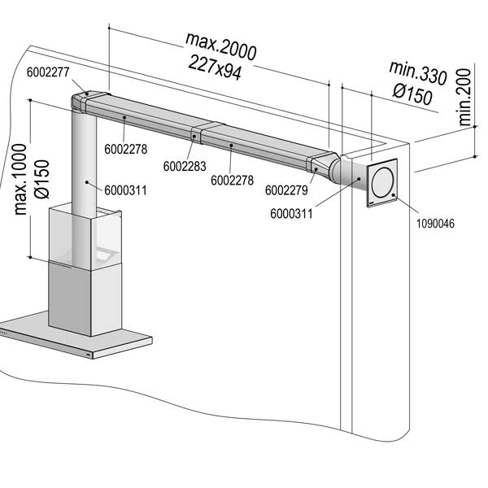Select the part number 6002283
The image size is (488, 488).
184,166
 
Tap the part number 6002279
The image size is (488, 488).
285,190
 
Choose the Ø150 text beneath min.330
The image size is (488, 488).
410,96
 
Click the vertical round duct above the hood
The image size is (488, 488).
84,163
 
